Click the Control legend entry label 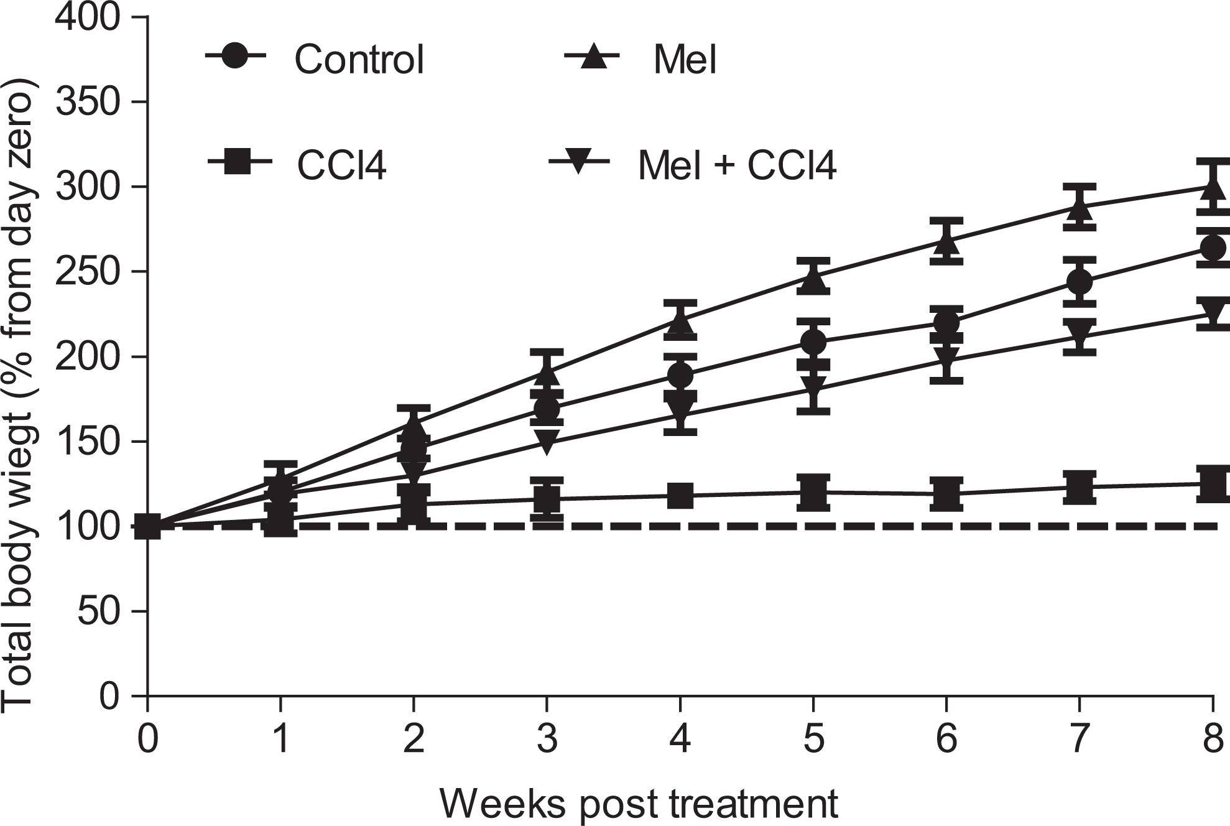[359, 60]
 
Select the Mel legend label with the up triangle [685, 60]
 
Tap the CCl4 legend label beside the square [342, 163]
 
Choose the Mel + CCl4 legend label [738, 163]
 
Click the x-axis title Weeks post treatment [640, 804]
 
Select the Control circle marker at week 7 [1080, 282]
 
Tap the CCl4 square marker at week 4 [680, 496]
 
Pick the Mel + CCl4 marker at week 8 [1213, 311]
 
